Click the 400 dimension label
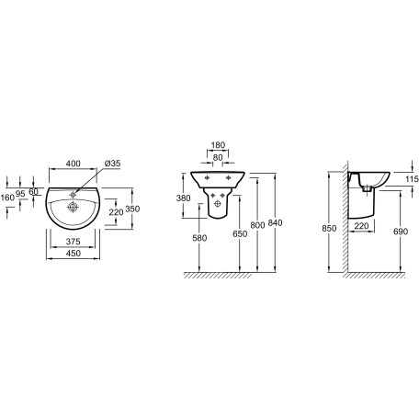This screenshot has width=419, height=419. click(x=74, y=164)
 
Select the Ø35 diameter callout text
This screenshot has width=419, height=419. click(x=112, y=164)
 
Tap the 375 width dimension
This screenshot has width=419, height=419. click(x=74, y=242)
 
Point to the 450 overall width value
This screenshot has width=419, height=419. click(x=74, y=254)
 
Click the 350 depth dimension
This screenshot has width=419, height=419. click(x=132, y=209)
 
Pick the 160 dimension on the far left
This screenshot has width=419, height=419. click(x=7, y=198)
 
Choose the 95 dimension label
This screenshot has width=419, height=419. click(x=20, y=194)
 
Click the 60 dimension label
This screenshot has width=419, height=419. click(x=33, y=192)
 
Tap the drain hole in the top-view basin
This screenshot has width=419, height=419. click(x=73, y=207)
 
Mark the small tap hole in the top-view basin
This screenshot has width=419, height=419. click(x=73, y=194)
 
